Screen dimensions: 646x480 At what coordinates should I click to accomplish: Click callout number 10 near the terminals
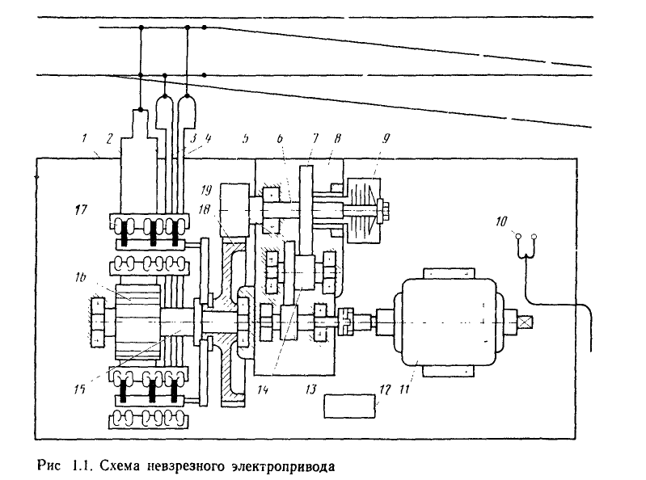(501, 221)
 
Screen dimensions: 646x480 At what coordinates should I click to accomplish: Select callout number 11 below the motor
(405, 389)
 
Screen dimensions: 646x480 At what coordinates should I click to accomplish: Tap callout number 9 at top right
(386, 138)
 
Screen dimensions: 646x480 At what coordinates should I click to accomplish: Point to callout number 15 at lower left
(79, 389)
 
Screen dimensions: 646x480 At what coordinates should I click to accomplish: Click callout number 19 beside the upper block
(206, 190)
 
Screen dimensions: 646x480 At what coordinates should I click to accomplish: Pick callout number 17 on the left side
(81, 209)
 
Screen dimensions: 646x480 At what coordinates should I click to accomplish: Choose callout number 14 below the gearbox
(263, 389)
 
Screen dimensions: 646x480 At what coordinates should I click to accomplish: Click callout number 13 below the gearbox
(311, 389)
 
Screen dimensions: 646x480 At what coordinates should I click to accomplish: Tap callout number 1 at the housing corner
(84, 137)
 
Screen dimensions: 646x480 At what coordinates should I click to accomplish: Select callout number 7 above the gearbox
(315, 138)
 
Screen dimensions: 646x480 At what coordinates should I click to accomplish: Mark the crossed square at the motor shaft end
(526, 322)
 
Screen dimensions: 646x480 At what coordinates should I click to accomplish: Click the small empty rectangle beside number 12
(349, 406)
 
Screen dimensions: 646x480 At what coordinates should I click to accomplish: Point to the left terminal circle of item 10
(518, 236)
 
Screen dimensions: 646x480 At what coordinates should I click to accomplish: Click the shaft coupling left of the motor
(345, 322)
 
